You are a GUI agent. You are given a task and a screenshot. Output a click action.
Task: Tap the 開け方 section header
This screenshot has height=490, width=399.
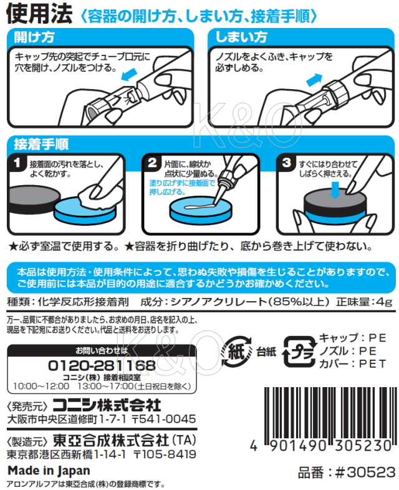point(36,38)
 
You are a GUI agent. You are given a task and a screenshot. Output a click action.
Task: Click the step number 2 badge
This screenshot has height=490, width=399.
point(152,165)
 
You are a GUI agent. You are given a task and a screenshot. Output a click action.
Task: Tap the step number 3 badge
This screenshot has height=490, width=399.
point(286,165)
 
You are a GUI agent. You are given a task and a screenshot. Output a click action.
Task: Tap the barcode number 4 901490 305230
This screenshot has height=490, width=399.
point(325,449)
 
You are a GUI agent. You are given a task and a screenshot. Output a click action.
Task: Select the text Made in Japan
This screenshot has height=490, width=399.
point(48,471)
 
